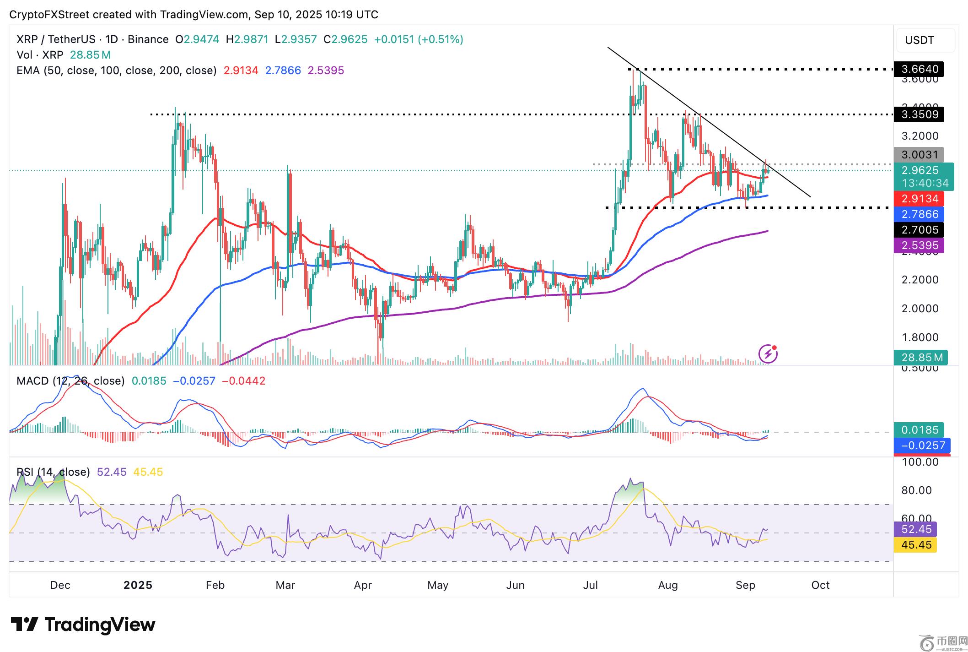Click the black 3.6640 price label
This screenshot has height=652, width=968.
[x=919, y=69]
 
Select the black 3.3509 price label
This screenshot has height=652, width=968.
[x=919, y=114]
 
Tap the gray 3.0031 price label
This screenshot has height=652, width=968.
[x=919, y=155]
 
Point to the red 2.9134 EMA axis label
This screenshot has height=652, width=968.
[x=919, y=199]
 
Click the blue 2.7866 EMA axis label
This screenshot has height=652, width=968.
[x=919, y=214]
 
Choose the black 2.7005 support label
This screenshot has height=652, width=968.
[x=919, y=230]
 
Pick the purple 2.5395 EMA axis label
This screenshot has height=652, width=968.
[x=919, y=245]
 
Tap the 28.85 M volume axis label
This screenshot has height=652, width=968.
[x=921, y=357]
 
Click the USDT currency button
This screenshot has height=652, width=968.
[x=925, y=40]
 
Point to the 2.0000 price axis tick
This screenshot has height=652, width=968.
[x=920, y=309]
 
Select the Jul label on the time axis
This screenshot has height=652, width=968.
[x=590, y=585]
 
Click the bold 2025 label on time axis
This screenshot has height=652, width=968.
[x=138, y=585]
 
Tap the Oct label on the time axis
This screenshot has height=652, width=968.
[x=820, y=585]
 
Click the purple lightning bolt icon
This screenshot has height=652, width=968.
[x=768, y=353]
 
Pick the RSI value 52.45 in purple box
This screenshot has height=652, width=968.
[x=916, y=529]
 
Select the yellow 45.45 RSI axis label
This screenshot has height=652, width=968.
[x=916, y=545]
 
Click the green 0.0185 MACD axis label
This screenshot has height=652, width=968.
[x=919, y=430]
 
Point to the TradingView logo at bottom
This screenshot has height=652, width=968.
[x=83, y=625]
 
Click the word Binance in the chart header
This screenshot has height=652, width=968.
[x=148, y=39]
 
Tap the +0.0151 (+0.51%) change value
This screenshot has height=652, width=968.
[x=418, y=39]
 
